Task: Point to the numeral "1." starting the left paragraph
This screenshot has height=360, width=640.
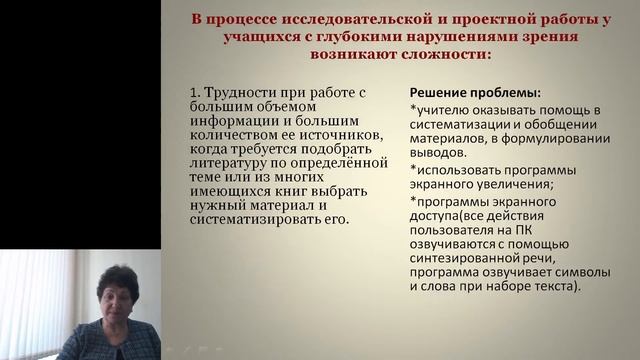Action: [x=195, y=92]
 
